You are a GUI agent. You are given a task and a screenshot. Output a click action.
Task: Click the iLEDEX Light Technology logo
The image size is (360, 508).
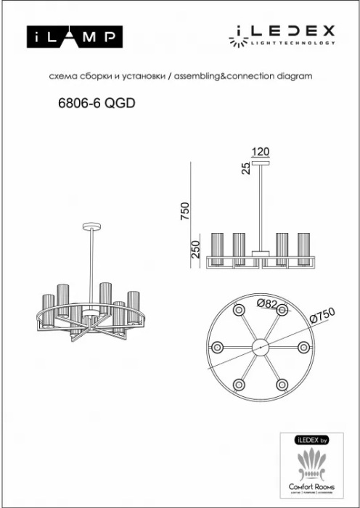(x=283, y=34)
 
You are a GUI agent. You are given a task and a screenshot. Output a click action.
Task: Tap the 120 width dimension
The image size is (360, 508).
(x=260, y=152)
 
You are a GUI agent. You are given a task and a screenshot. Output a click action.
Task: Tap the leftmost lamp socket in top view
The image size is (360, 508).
(x=216, y=348)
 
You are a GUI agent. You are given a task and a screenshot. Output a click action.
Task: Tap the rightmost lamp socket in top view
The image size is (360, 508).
(x=303, y=348)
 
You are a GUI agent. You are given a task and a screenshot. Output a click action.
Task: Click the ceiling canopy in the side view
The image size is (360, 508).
(x=260, y=162)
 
